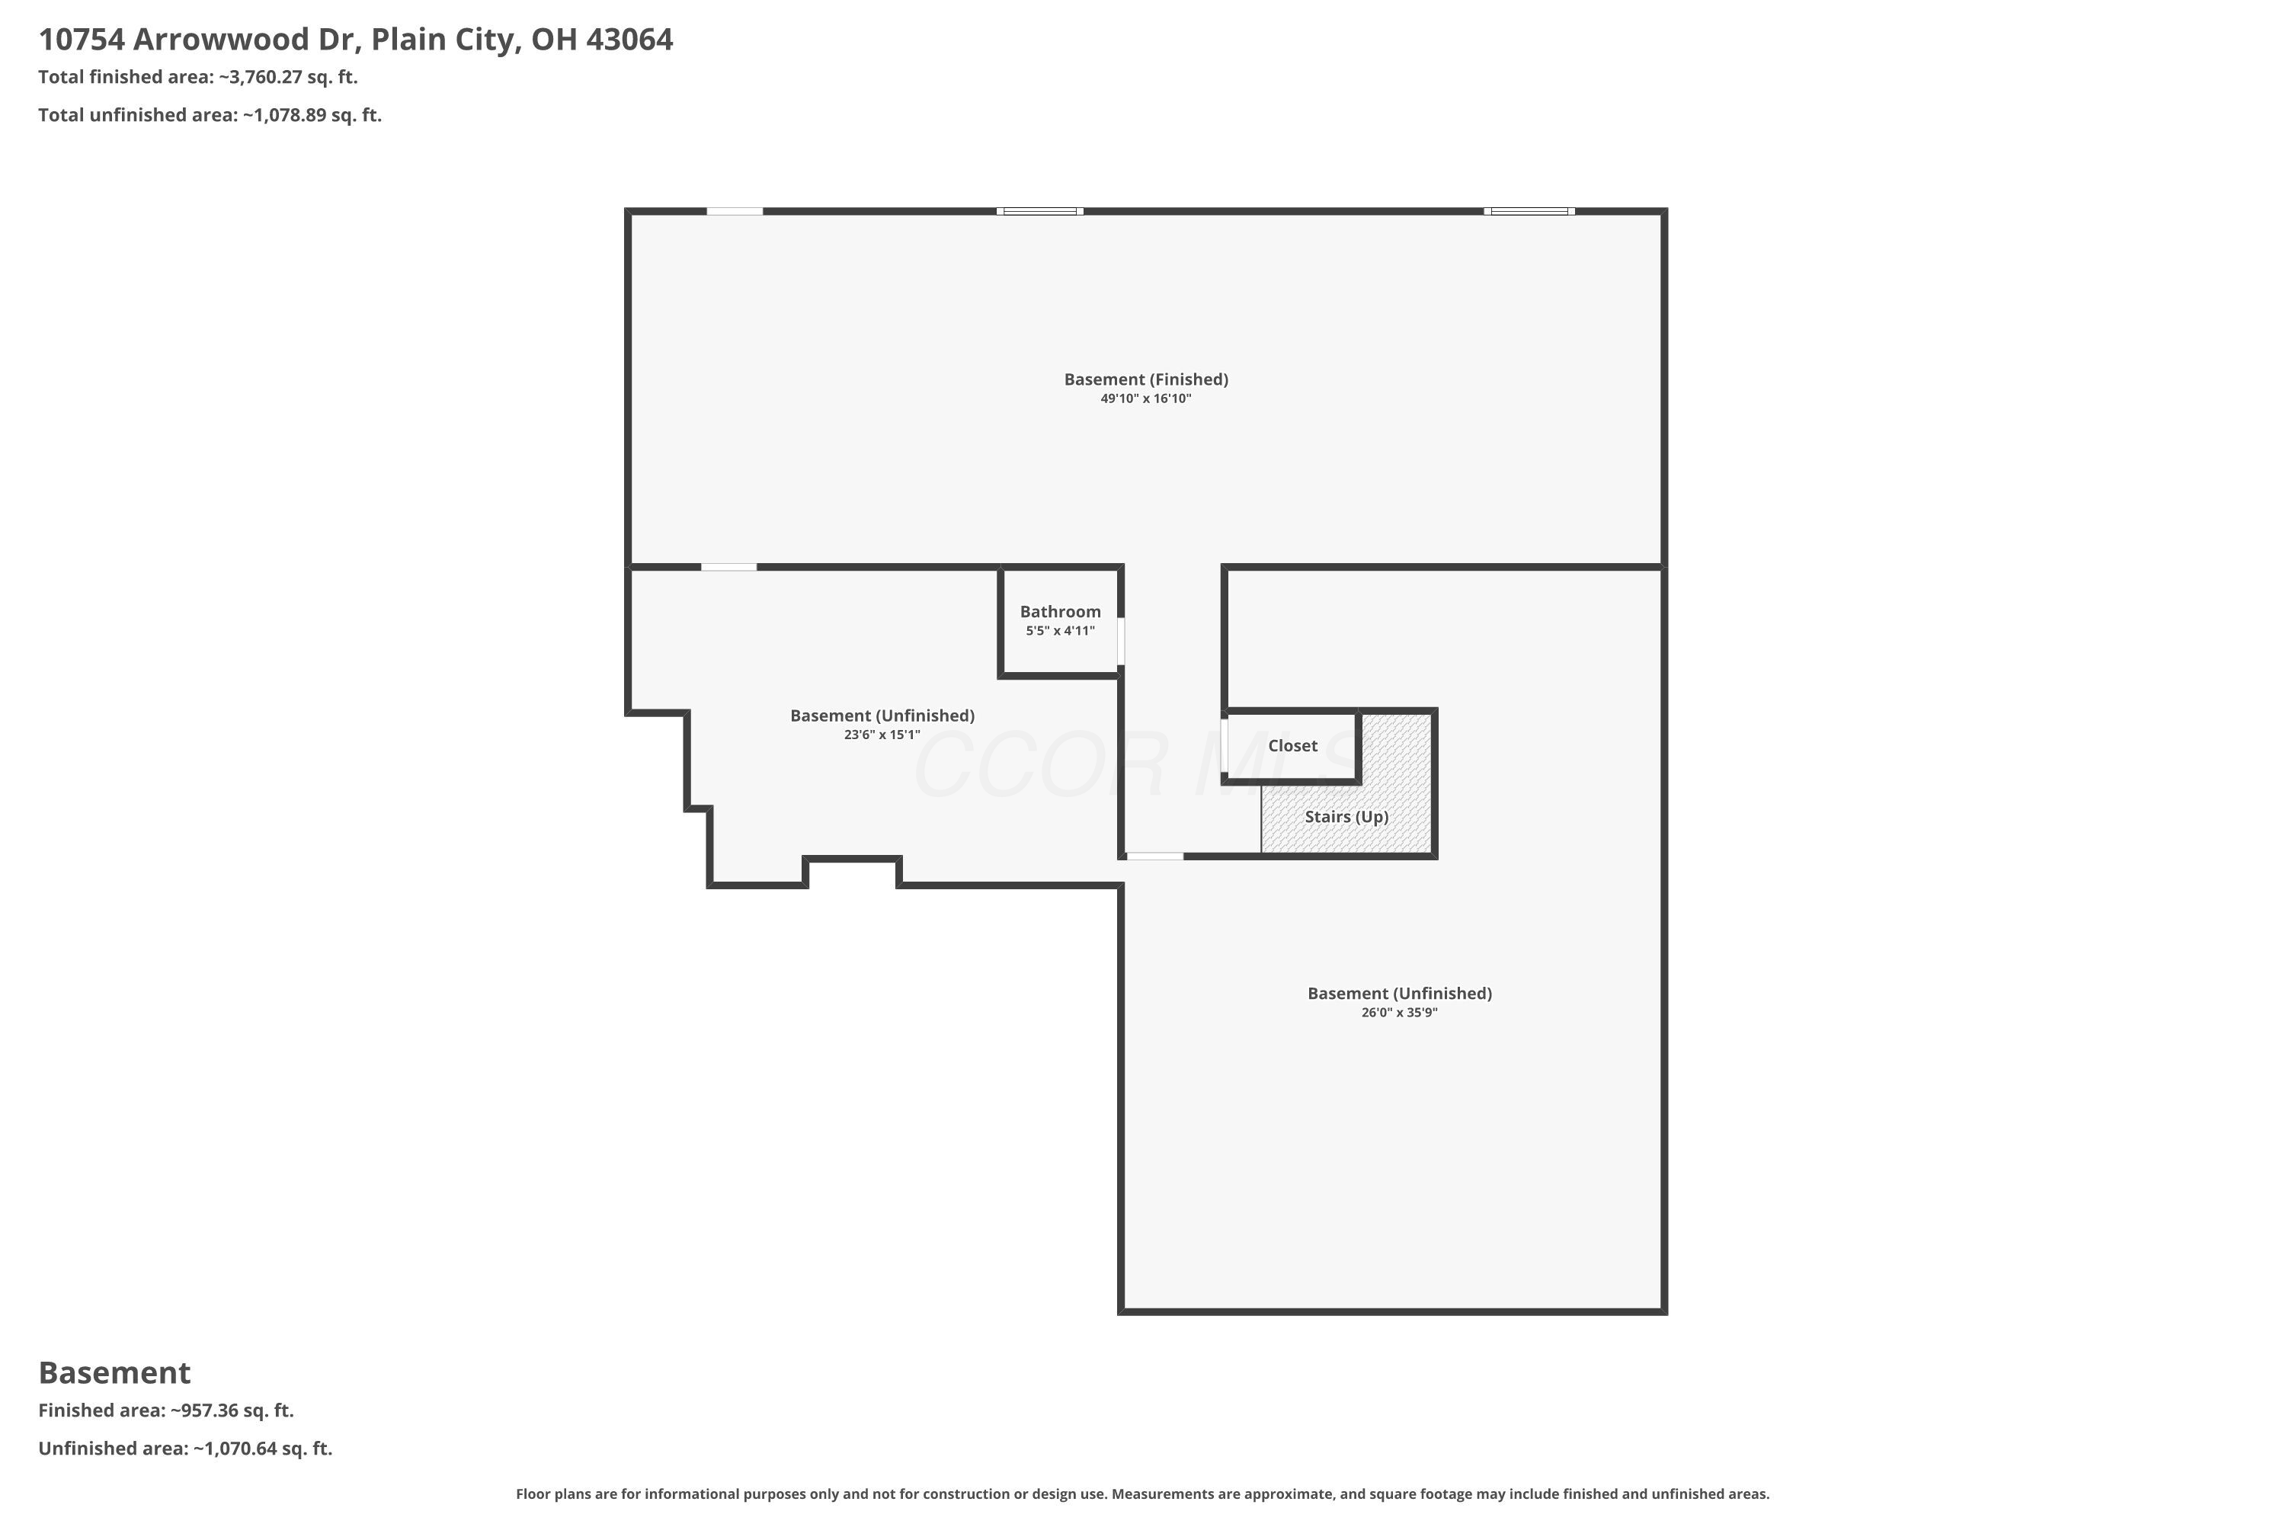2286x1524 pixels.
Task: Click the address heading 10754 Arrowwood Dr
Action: (355, 40)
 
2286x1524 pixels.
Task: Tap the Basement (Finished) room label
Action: (1146, 379)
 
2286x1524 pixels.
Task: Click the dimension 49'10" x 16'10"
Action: (1146, 399)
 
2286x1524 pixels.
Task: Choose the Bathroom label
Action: (1059, 611)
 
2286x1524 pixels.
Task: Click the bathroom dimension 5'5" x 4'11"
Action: (1059, 631)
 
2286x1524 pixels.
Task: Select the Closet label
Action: (1292, 745)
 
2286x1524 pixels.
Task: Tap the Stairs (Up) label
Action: (1345, 816)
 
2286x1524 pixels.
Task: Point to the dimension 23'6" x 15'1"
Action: (882, 735)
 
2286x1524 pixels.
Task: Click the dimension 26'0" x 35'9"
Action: (1398, 1013)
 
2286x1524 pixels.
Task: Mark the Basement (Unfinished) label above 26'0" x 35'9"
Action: (1398, 994)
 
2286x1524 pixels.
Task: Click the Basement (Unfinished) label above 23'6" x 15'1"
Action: (882, 716)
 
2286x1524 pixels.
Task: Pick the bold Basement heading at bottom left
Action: (115, 1372)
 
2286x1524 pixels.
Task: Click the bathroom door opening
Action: (1121, 642)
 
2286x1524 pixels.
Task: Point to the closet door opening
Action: (1225, 745)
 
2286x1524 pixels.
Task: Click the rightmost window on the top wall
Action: (1529, 211)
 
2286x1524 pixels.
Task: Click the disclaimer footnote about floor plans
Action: (1142, 1494)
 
